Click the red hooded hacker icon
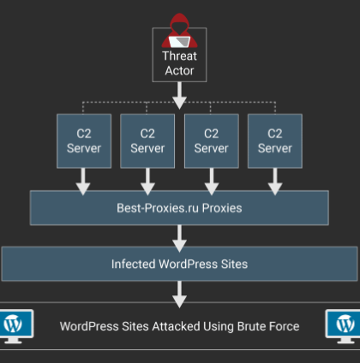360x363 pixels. click(179, 31)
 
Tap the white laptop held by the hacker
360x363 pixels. click(179, 42)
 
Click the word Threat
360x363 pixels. click(179, 56)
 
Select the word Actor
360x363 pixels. click(179, 71)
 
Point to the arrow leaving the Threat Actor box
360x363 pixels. click(179, 96)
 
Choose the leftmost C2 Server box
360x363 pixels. click(84, 141)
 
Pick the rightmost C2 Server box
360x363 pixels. click(275, 141)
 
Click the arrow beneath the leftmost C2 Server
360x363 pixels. click(83, 181)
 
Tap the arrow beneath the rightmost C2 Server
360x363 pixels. click(275, 181)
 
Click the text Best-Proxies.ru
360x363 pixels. click(158, 208)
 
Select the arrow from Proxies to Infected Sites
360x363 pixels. click(179, 239)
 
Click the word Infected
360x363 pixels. click(134, 264)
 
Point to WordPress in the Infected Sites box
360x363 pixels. click(188, 264)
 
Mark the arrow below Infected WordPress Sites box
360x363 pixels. click(179, 295)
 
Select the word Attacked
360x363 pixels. click(176, 326)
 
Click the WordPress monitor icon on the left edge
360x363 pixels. click(16, 326)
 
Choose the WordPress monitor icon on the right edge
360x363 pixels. click(343, 326)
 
